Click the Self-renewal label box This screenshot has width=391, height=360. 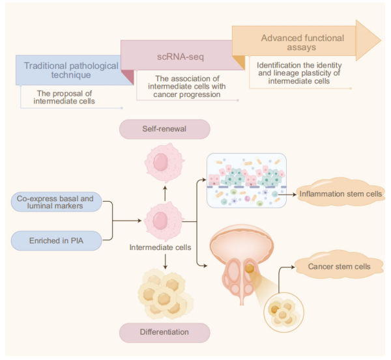[x=164, y=130]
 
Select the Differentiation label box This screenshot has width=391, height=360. [x=164, y=332]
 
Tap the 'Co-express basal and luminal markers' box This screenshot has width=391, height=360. [x=56, y=202]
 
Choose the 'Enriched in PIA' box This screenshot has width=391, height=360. [x=56, y=242]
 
